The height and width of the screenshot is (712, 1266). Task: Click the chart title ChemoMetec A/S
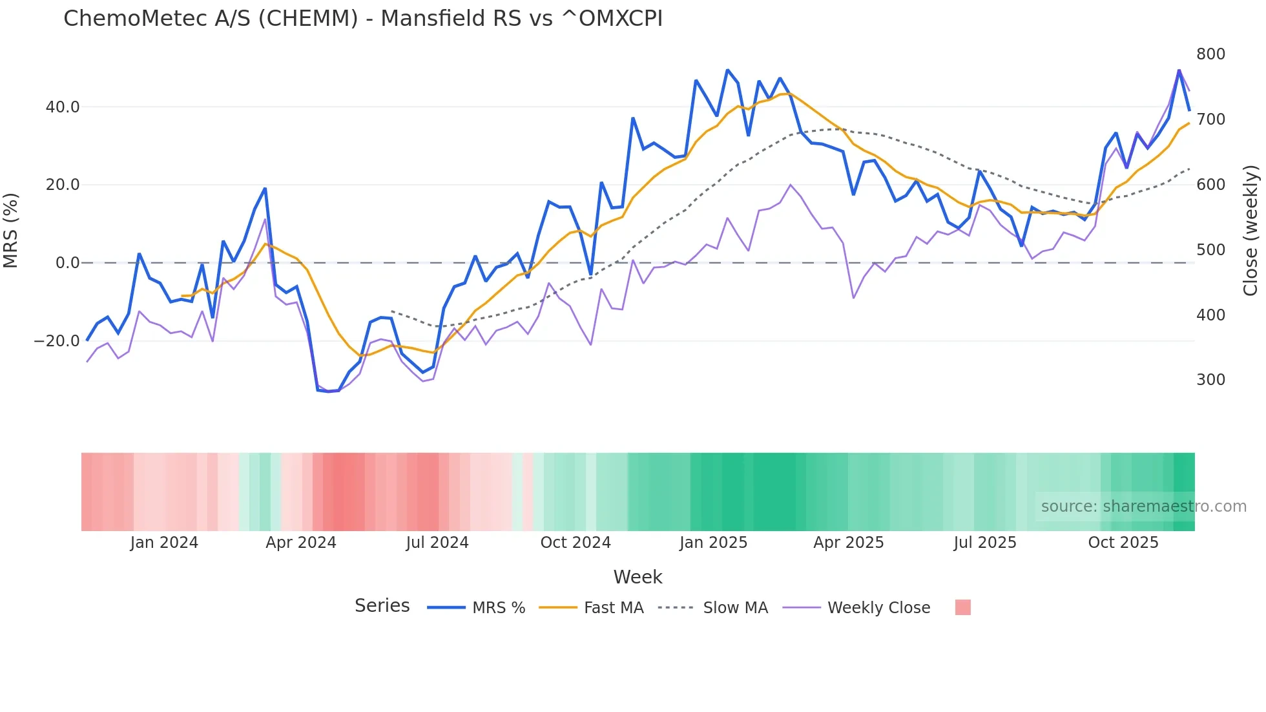click(362, 19)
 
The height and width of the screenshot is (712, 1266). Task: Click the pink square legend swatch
click(962, 607)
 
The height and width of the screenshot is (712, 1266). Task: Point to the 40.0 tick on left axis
click(63, 107)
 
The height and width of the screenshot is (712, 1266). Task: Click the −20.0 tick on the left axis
click(57, 341)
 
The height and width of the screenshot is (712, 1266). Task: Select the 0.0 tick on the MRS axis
click(68, 263)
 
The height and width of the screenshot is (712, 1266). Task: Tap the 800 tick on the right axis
click(1210, 54)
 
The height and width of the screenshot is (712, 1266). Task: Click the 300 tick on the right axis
click(1210, 380)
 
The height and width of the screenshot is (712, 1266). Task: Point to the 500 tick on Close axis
click(1210, 250)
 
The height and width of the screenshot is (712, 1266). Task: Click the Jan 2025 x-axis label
click(713, 543)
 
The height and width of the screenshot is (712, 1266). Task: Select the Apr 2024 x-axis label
click(301, 543)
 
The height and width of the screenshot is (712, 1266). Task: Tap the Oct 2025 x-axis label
click(1123, 543)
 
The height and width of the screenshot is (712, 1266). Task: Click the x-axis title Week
click(638, 577)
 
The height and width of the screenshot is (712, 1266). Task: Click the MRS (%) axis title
click(11, 230)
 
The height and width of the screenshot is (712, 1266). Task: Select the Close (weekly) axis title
click(1250, 230)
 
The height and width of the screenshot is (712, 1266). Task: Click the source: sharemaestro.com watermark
click(1143, 507)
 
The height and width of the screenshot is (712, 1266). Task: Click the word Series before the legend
click(382, 606)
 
